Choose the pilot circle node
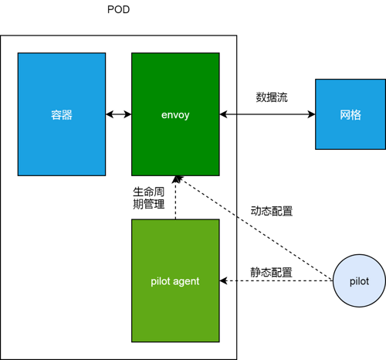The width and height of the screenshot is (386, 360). (x=358, y=281)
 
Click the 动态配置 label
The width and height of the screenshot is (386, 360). (x=272, y=210)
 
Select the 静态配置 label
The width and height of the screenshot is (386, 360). (x=271, y=273)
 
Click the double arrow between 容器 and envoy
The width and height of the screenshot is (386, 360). (x=118, y=114)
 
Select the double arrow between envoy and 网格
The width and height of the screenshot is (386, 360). (x=267, y=114)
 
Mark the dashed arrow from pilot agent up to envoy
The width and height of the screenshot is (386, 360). (x=176, y=198)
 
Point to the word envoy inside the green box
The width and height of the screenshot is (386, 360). (x=175, y=114)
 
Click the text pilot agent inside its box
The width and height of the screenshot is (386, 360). (x=175, y=281)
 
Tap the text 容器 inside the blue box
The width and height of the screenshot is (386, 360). (x=62, y=114)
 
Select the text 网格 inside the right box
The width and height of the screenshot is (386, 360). (x=350, y=114)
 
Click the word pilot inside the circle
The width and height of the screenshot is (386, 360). (x=358, y=281)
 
